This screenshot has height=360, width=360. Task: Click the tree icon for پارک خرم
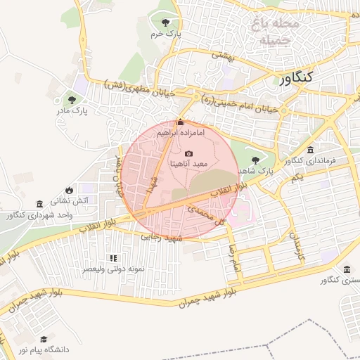coord(166,22)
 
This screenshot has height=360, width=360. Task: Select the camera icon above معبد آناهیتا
coord(188,153)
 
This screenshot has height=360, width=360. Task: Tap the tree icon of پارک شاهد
coord(255,160)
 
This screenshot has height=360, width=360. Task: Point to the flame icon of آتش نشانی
coord(68,190)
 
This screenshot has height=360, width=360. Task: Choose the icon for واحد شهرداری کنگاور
coord(39,203)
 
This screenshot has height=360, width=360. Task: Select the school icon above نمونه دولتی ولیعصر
coord(112,259)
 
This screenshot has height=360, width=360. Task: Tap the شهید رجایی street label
coord(162,238)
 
